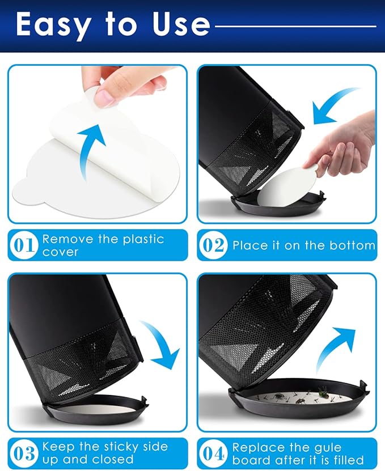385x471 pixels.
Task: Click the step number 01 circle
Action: (x=24, y=245)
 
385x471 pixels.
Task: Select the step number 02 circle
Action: (x=213, y=245)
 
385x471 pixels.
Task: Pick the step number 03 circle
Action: (x=24, y=453)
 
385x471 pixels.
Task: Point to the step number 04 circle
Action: (x=213, y=453)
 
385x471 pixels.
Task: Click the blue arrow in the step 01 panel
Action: (x=90, y=150)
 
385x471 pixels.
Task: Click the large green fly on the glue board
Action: (x=323, y=392)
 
